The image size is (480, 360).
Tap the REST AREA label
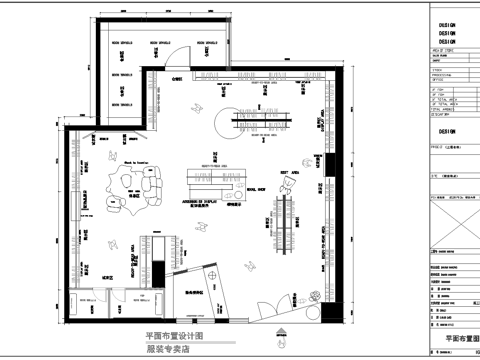290,173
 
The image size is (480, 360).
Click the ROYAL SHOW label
256,187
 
